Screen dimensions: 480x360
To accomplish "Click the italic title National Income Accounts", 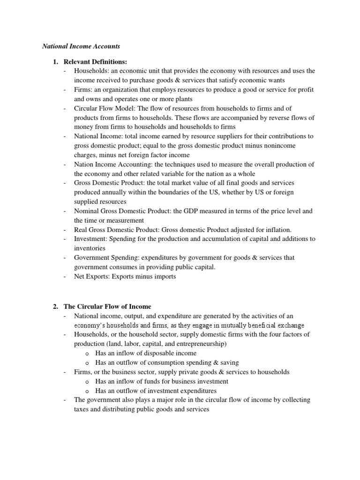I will click(81, 46).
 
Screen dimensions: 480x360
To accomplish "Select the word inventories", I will click(90, 248).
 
